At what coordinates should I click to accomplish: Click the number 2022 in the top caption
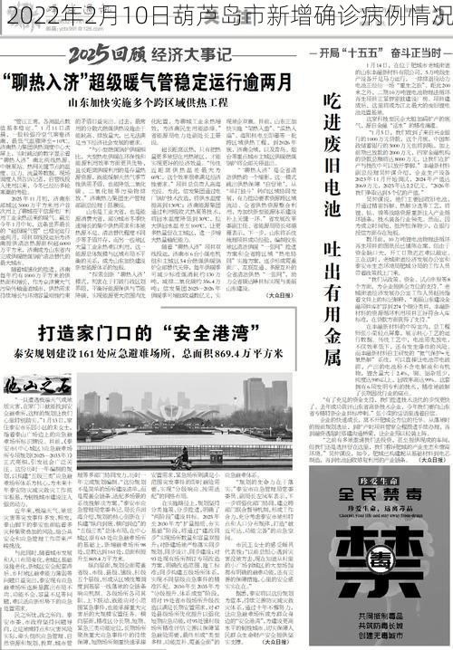[x=39, y=16]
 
